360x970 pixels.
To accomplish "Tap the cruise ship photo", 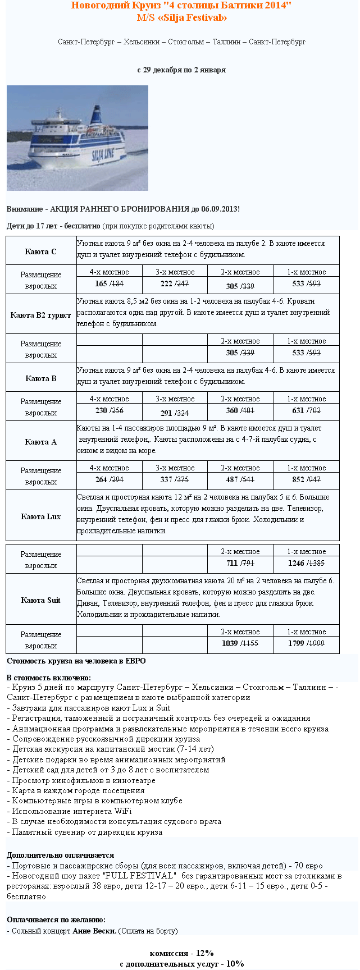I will click(78, 138).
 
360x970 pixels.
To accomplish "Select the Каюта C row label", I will click(41, 251).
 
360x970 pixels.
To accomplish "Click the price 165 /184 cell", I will click(109, 284).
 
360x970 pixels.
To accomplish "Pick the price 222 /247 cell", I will click(174, 284).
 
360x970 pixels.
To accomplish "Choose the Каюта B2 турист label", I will click(41, 315).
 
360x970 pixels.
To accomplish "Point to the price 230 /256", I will click(109, 410).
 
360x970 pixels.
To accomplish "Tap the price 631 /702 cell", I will click(306, 410).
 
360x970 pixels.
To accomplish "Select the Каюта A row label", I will click(41, 442).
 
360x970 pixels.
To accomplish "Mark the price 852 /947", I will click(306, 479).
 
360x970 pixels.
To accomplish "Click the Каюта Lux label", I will click(41, 516).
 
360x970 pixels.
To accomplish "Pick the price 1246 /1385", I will click(306, 563).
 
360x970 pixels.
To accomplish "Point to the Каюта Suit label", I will click(41, 600).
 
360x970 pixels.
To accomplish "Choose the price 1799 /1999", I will click(306, 643).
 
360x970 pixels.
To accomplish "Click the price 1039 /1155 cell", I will click(240, 643).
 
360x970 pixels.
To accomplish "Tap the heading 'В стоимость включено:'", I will click(49, 678).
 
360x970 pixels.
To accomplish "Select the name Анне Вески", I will click(94, 931).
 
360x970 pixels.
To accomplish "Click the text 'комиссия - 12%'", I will click(181, 953).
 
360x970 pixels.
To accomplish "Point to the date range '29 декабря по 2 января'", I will click(181, 70).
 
